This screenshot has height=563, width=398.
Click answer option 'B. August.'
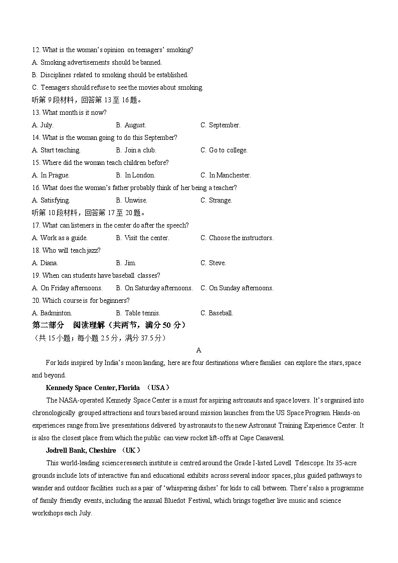(131, 125)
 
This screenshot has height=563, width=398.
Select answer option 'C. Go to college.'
(224, 150)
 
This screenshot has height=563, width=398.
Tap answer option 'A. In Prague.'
(51, 175)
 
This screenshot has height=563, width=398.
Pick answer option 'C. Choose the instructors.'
(237, 238)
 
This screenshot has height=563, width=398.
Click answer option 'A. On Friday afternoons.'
(67, 288)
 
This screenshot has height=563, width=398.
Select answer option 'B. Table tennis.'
(138, 313)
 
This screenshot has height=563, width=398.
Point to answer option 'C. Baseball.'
(217, 313)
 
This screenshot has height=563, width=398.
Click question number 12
(36, 50)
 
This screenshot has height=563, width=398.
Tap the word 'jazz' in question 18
(93, 251)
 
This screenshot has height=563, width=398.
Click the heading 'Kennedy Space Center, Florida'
(93, 388)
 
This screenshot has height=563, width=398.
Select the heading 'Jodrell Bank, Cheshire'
(81, 450)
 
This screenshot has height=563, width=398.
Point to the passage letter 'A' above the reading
(199, 350)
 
